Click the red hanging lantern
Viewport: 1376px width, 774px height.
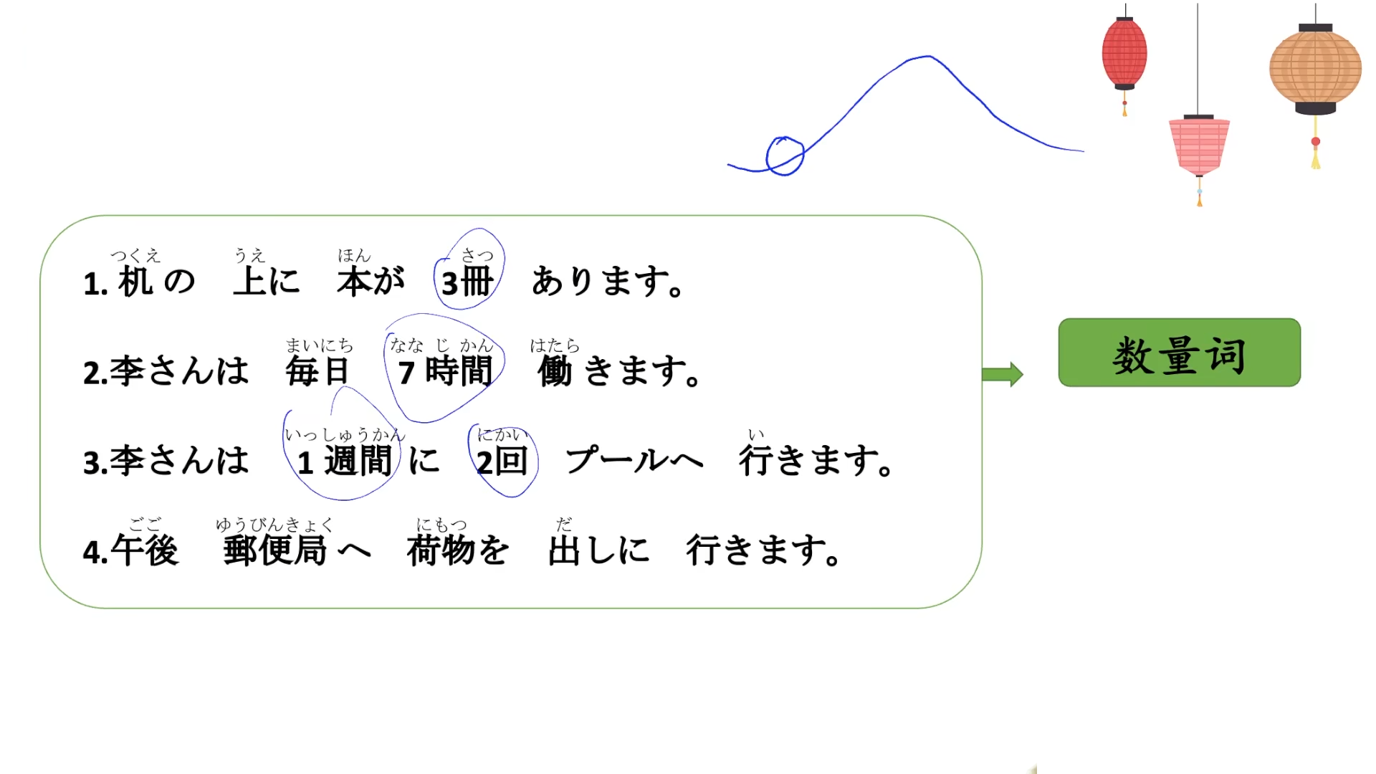point(1124,54)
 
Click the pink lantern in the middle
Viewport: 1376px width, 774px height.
point(1199,145)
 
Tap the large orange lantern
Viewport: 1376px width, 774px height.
point(1315,69)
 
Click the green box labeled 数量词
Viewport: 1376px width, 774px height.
point(1179,353)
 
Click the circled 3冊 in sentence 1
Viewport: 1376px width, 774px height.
point(468,282)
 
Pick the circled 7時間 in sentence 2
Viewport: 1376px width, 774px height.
point(445,371)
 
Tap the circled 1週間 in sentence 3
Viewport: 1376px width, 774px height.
point(345,461)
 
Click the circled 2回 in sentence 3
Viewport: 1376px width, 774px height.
point(502,461)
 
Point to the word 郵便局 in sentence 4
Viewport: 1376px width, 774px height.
point(275,550)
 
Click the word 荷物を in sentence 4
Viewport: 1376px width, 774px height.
point(458,550)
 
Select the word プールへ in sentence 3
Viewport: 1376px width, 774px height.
point(634,461)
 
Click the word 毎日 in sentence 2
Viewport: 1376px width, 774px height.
point(317,371)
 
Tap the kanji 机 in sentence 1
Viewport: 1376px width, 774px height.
point(135,282)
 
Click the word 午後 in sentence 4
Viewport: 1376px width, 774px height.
point(145,550)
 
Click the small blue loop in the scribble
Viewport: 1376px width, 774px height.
point(785,156)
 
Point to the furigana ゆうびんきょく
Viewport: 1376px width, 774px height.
point(274,525)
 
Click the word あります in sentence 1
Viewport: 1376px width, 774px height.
point(606,282)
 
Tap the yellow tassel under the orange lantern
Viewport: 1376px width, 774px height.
point(1316,159)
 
